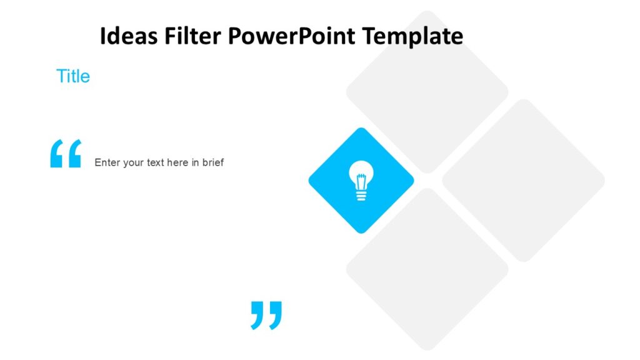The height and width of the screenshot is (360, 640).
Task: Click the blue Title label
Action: coord(73,76)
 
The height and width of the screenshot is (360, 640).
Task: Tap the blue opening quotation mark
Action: coord(66,154)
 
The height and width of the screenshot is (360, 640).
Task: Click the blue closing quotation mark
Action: coord(266,314)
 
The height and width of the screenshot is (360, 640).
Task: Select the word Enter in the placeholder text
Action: coord(106,162)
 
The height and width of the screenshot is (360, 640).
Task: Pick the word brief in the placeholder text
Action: coord(212,162)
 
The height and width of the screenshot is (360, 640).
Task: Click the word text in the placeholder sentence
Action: coord(155,162)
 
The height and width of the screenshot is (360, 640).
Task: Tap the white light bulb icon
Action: coord(361,180)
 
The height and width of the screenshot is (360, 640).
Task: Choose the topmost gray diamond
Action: coord(427,91)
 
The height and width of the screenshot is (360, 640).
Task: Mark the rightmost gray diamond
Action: coord(523,181)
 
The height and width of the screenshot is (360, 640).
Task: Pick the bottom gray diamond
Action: coord(427,269)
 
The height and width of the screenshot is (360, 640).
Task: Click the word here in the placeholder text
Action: coord(178,162)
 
